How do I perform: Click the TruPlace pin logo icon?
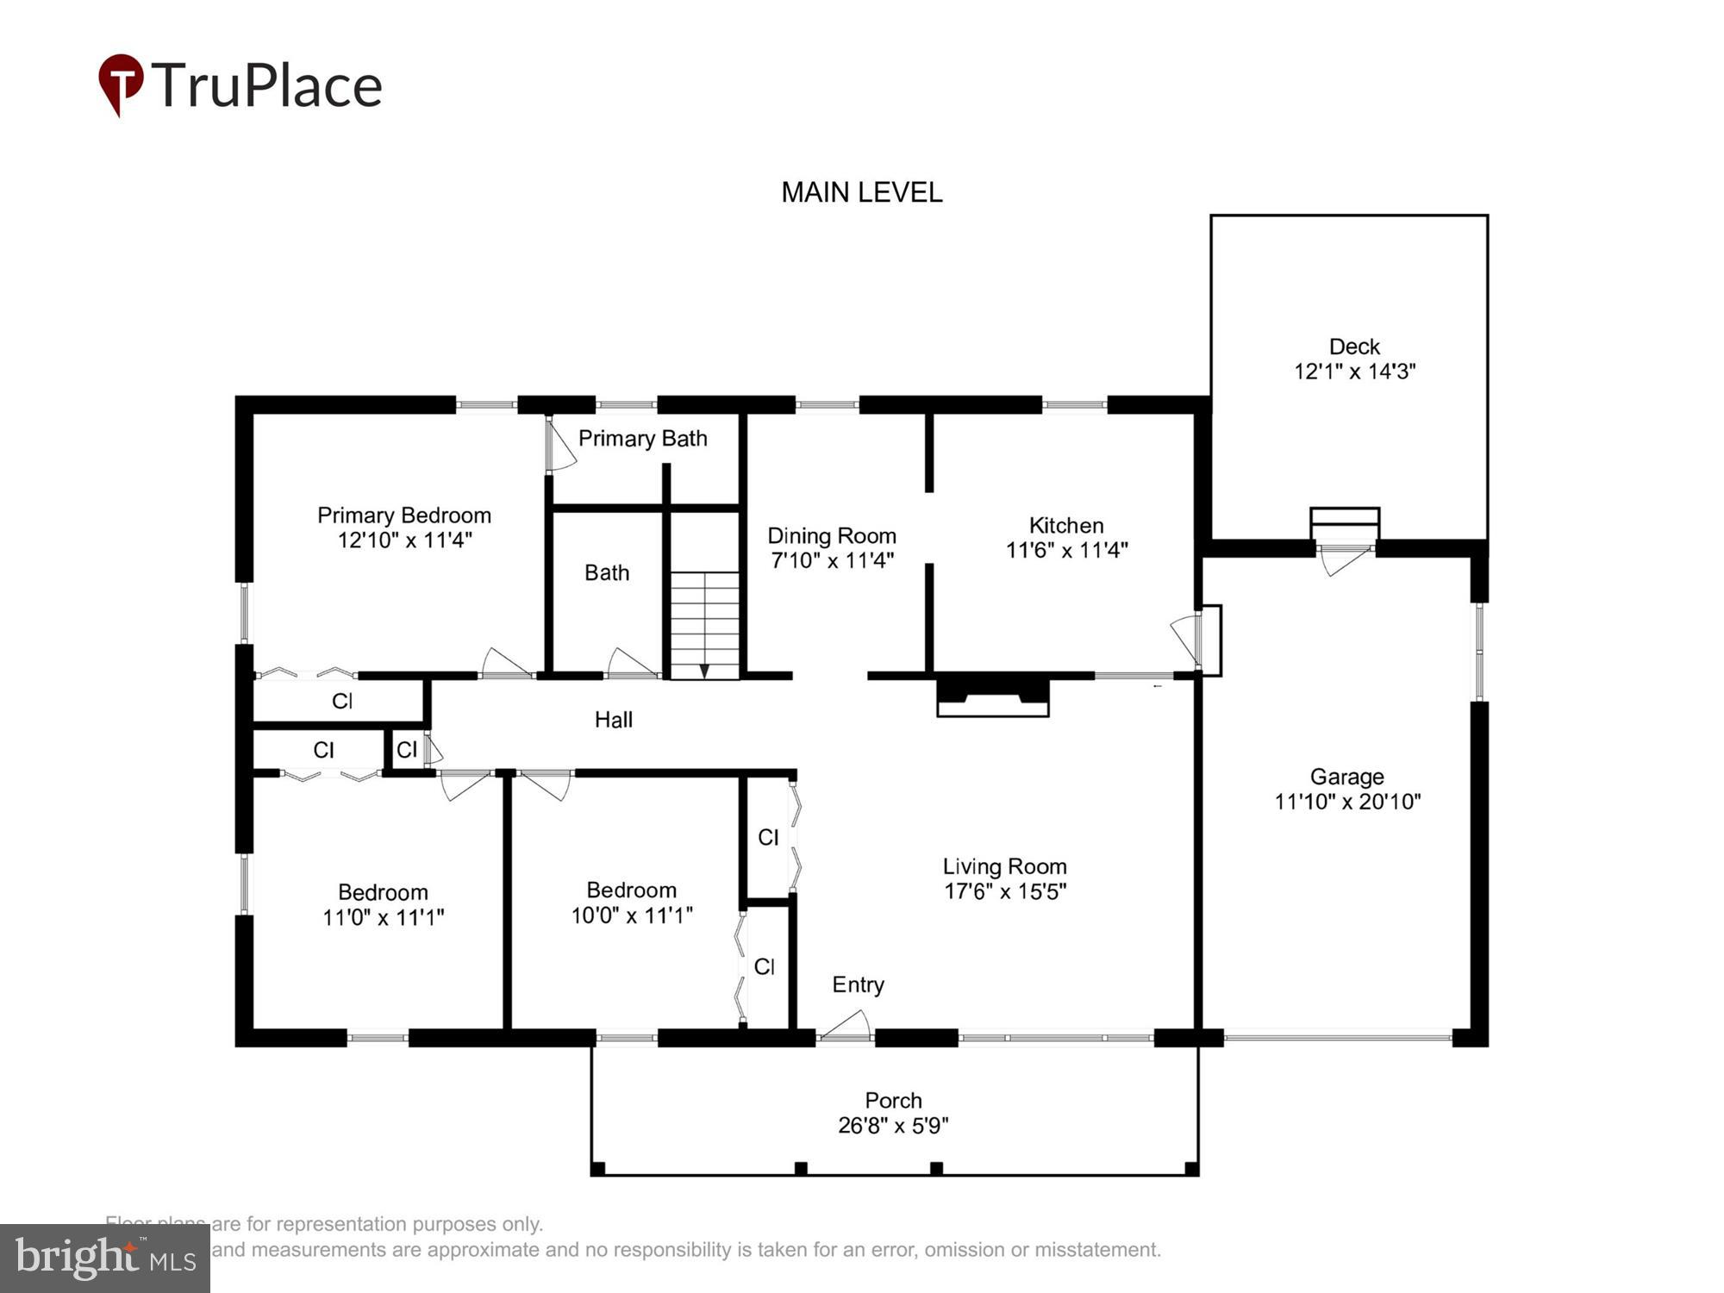(x=121, y=84)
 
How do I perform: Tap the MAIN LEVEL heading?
(x=861, y=192)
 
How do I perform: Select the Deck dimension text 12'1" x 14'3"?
(x=1354, y=372)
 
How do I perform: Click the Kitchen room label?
(x=1065, y=525)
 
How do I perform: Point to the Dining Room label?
(x=832, y=535)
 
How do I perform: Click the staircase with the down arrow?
(x=705, y=625)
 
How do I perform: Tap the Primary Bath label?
(x=642, y=439)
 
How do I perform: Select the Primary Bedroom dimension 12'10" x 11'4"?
(x=404, y=540)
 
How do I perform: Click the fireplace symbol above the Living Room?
(x=992, y=696)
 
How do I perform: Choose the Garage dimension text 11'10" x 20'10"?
(x=1347, y=802)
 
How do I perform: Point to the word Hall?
(x=614, y=720)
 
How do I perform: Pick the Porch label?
(x=893, y=1101)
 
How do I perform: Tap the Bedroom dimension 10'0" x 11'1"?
(x=632, y=915)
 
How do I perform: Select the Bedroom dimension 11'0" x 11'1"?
(x=383, y=917)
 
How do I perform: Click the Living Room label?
(x=1004, y=866)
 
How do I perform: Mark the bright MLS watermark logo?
(x=105, y=1258)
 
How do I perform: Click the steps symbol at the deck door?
(x=1344, y=522)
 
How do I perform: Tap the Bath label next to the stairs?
(x=607, y=573)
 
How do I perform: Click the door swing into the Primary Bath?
(x=560, y=446)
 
